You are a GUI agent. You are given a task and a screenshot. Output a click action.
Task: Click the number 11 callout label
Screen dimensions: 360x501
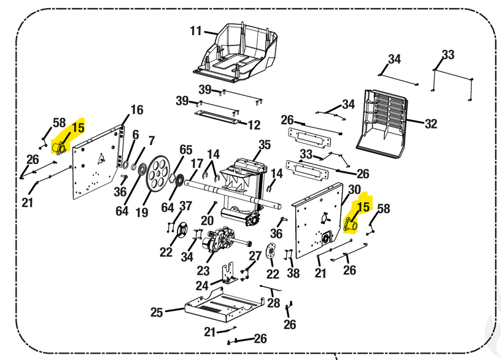(196, 31)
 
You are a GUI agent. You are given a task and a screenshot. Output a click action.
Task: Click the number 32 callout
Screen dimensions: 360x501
(431, 124)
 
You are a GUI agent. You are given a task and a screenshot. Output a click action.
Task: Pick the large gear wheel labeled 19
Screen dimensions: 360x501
(158, 174)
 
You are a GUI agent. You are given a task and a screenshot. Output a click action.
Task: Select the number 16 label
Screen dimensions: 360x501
(137, 110)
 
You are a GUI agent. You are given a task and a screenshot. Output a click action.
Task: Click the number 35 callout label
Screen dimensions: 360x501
(264, 145)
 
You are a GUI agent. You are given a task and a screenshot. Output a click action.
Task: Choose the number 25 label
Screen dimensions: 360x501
(157, 313)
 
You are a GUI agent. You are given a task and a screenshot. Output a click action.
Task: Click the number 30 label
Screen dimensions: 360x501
(354, 189)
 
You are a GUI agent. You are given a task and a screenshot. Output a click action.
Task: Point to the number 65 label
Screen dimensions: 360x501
(186, 150)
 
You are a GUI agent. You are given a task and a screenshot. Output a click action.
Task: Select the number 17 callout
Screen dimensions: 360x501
(196, 163)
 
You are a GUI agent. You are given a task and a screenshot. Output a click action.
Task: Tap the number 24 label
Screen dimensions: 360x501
(203, 286)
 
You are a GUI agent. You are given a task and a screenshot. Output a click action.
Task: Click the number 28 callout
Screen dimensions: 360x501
(274, 303)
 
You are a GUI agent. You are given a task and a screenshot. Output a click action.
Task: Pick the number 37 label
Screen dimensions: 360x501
(185, 206)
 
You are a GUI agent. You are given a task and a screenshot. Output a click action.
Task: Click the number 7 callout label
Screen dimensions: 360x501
(151, 141)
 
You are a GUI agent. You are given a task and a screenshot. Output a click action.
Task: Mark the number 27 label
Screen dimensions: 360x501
(255, 255)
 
